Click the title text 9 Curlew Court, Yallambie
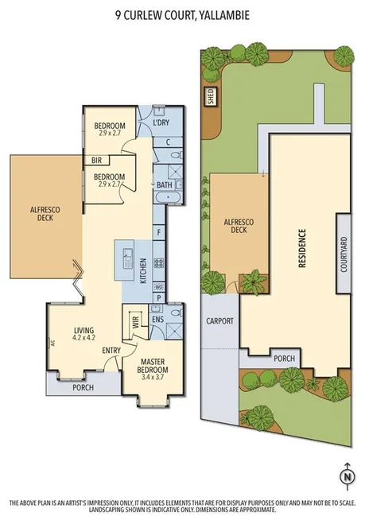tap(182, 14)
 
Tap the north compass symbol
tap(347, 477)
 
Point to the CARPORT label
tap(219, 321)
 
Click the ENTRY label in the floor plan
tap(111, 351)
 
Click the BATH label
tap(164, 185)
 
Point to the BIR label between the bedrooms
tap(95, 159)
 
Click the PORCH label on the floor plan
tap(83, 388)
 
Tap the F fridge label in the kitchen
tap(159, 232)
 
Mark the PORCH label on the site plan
tap(285, 359)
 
